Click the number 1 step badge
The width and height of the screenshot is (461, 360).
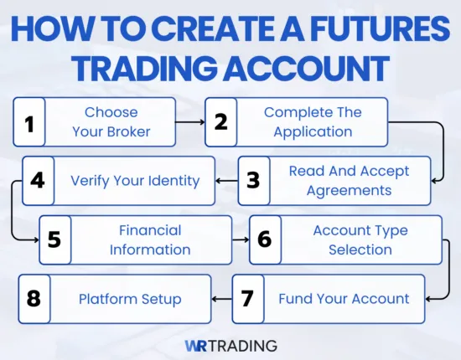(x=29, y=123)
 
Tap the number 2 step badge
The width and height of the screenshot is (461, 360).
(x=221, y=122)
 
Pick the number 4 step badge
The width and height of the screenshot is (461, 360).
(x=37, y=181)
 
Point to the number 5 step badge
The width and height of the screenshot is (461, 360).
(x=54, y=239)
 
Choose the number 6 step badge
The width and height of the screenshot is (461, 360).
(x=265, y=239)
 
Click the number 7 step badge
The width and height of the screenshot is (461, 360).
(x=247, y=299)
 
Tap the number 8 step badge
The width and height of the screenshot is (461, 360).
(x=34, y=299)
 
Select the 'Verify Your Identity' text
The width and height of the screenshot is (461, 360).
(x=134, y=181)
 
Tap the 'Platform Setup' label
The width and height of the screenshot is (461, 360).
(x=130, y=299)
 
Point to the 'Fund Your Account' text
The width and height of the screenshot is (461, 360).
(x=344, y=299)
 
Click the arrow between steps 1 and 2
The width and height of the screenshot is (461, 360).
(x=192, y=122)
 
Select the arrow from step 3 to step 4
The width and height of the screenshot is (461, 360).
(x=226, y=181)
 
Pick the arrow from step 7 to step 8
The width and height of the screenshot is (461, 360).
(x=220, y=299)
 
